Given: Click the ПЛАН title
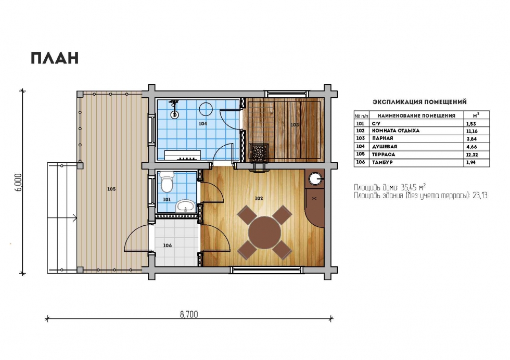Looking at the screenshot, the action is [55, 58].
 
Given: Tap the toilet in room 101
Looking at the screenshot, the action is [167, 183].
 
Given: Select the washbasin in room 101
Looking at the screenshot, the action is [185, 206].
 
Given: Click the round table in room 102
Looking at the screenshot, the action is [264, 232].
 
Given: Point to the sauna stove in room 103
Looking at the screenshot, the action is [259, 152].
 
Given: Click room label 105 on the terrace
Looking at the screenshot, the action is [111, 189].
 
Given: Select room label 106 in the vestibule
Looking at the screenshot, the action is [167, 246].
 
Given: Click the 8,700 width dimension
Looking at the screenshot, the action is [188, 314].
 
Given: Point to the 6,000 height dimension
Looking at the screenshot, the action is [19, 182].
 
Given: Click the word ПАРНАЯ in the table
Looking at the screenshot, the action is [382, 138].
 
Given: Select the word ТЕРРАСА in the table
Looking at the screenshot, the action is [384, 155].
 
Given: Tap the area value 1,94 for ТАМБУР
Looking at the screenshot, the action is [470, 162].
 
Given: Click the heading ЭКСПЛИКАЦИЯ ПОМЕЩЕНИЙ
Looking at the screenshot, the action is [419, 102].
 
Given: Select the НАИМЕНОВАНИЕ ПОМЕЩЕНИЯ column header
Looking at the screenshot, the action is [416, 115].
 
